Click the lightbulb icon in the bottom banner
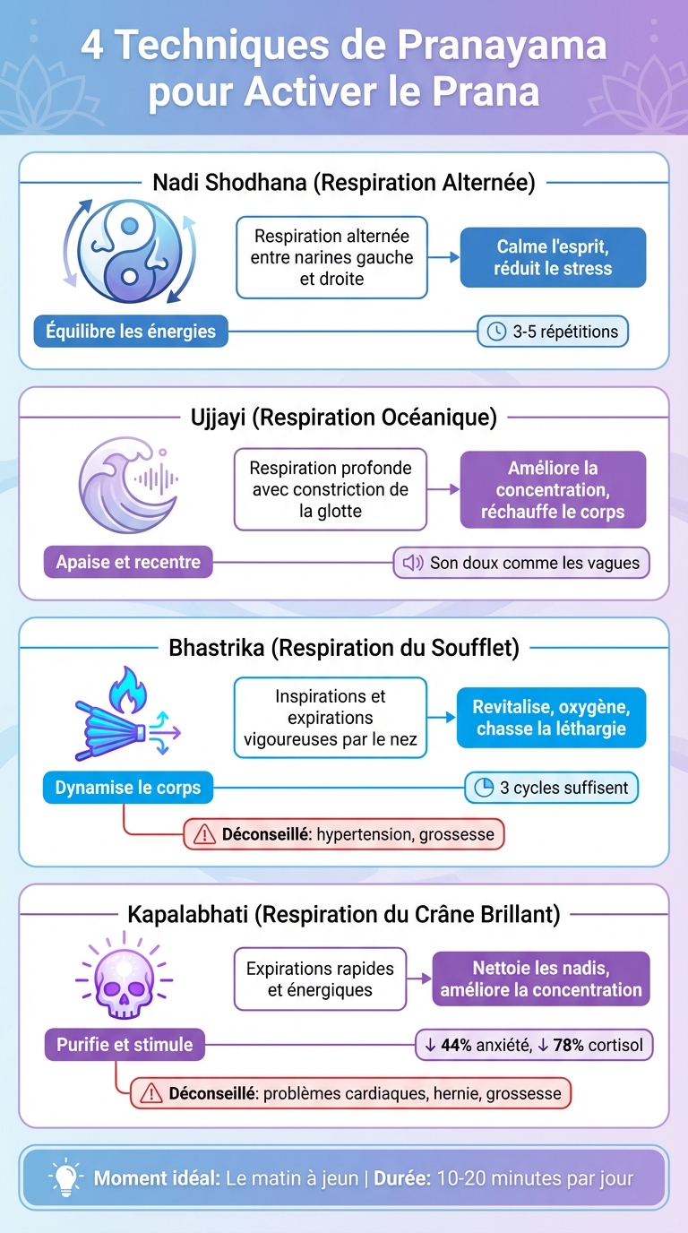click(64, 1177)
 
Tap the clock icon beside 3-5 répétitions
click(495, 332)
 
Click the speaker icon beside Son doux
click(412, 563)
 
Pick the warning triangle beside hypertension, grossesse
click(204, 834)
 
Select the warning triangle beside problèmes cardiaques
click(151, 1093)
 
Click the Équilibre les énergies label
click(131, 332)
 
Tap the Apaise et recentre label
click(128, 563)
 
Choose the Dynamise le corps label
click(128, 789)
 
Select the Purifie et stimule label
click(125, 1045)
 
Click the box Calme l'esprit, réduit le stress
click(553, 257)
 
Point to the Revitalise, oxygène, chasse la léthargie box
click(550, 718)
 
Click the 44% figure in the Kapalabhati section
click(456, 1045)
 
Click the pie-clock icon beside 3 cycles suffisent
click(483, 788)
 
